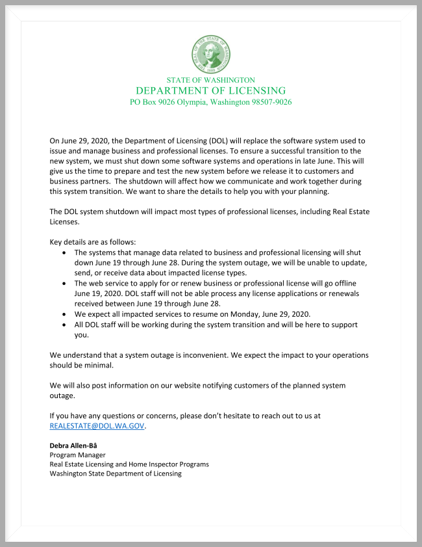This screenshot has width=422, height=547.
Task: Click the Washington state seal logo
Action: (x=211, y=54)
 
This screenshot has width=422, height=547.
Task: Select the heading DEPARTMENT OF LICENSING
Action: (x=211, y=90)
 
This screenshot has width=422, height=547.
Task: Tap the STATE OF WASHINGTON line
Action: (x=211, y=79)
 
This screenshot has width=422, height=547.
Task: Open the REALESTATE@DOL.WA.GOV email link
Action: (x=97, y=426)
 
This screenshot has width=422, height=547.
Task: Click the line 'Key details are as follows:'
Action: (x=93, y=242)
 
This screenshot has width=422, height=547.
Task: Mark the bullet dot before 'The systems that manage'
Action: (x=63, y=252)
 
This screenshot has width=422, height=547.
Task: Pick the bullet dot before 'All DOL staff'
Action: (x=63, y=324)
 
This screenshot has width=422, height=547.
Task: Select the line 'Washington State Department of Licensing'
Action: (x=116, y=474)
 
